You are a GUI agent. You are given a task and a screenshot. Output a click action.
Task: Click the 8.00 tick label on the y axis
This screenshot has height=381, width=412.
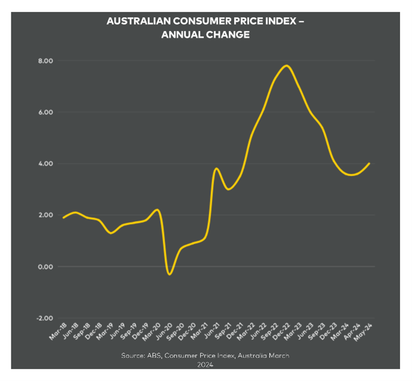coord(45,61)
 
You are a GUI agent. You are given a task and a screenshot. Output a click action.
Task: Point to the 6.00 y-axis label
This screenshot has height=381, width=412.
coord(45,112)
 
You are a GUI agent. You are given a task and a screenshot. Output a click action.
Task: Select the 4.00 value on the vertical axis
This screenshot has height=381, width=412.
coord(45,164)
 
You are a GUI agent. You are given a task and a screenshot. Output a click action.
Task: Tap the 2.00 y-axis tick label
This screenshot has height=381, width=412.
coord(45,215)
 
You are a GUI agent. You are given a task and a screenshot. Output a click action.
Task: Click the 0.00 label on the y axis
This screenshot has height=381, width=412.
coord(45,267)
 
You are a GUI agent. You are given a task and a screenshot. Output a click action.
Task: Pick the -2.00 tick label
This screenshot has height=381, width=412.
coord(44,318)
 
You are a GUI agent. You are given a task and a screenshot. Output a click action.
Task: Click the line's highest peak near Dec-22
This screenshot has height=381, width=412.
coord(288,66)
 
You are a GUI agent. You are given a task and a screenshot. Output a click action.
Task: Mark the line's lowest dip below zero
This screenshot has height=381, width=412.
coord(170,274)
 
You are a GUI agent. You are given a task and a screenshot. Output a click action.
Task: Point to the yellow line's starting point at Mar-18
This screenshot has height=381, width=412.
coord(63,218)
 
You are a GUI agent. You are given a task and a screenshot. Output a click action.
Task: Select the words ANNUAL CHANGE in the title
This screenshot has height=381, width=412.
coord(205,35)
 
